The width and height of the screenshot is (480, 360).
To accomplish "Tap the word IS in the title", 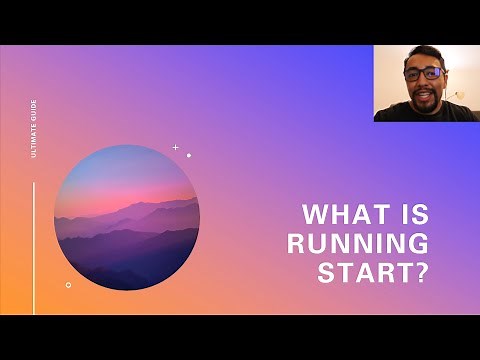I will coord(414,214).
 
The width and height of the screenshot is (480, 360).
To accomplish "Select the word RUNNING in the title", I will coord(357,243).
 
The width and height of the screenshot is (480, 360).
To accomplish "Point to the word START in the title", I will coord(363,272).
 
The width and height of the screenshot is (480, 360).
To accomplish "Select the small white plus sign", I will coord(175,147).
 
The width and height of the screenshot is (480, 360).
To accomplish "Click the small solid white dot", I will coord(188,155).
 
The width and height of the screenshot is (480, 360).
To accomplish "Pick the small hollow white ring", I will coord(68,284).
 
